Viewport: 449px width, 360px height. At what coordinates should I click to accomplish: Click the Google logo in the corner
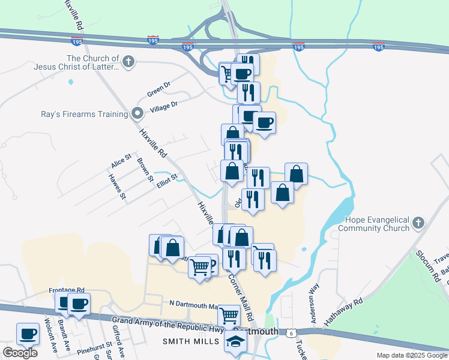(20, 353)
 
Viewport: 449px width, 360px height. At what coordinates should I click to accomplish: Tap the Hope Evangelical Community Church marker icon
(418, 223)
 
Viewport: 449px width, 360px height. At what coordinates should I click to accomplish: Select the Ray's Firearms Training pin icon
(137, 112)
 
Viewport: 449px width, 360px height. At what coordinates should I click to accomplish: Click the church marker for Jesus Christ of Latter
(128, 61)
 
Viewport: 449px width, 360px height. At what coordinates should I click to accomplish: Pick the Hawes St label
(116, 186)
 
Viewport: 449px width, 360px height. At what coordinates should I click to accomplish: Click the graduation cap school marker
(236, 342)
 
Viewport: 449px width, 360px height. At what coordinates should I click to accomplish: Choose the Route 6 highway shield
(291, 332)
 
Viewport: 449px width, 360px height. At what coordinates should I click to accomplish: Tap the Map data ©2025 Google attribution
(411, 355)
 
